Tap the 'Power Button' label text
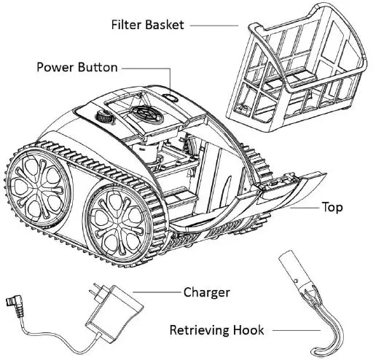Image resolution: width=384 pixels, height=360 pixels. point(77,67)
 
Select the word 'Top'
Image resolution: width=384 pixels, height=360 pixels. point(332,207)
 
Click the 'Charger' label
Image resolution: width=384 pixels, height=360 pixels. point(206,292)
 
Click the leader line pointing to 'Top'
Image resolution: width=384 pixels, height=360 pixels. point(307,207)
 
